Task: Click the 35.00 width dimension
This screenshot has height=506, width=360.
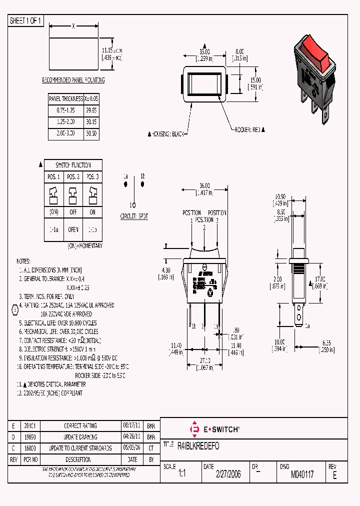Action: [204, 51]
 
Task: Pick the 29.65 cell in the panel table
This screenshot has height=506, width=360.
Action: [91, 109]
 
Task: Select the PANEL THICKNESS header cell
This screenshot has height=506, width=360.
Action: [65, 99]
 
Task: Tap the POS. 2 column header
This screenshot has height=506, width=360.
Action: [73, 177]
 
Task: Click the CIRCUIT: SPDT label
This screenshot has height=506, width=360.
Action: [134, 216]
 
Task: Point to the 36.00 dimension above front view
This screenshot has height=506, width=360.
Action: [204, 185]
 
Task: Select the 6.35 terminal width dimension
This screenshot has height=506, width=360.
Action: [327, 342]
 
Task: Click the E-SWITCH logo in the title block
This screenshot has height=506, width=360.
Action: [215, 429]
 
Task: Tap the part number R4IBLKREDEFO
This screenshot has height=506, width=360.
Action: [198, 445]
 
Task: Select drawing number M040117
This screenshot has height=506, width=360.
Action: [302, 474]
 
